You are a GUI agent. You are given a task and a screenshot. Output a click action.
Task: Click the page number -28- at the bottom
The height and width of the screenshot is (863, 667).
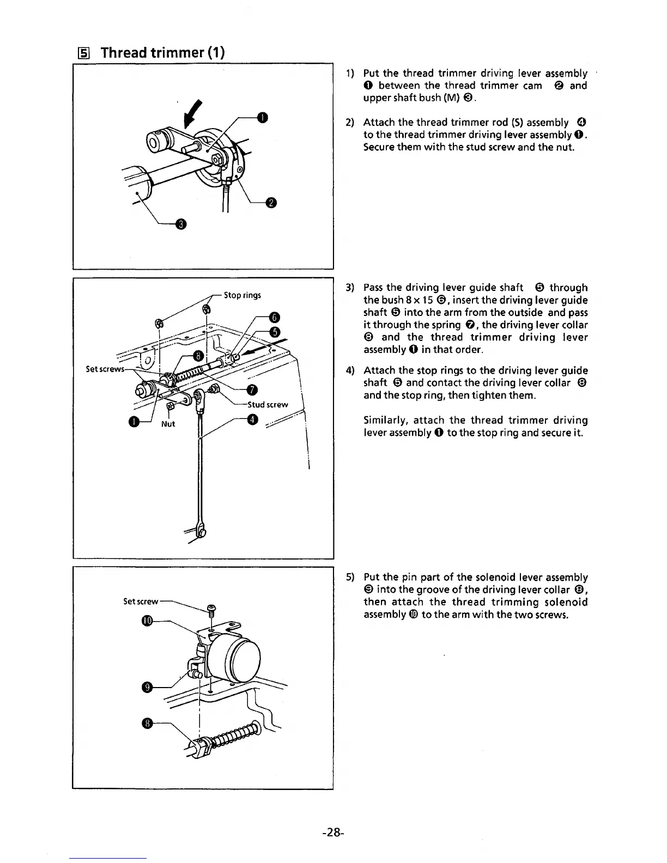[x=332, y=832]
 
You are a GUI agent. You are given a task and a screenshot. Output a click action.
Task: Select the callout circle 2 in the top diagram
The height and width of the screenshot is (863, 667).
[x=271, y=203]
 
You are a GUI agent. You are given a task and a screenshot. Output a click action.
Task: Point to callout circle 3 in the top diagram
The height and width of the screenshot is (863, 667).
[x=181, y=224]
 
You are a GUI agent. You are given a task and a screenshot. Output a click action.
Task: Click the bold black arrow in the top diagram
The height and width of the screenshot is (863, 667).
[x=191, y=112]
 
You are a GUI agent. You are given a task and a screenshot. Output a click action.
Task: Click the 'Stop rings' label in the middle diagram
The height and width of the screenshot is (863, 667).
[x=242, y=295]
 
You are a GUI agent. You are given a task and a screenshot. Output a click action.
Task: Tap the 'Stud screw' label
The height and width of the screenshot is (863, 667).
[x=268, y=405]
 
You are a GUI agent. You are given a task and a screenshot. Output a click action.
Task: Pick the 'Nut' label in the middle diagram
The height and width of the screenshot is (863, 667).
[x=168, y=424]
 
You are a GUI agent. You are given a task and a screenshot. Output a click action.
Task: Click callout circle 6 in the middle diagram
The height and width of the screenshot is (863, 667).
[x=275, y=318]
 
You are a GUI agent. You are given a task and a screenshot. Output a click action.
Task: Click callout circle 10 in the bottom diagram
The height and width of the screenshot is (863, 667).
[x=147, y=621]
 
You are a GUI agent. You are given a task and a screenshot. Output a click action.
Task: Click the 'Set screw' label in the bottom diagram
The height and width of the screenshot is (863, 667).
[x=141, y=601]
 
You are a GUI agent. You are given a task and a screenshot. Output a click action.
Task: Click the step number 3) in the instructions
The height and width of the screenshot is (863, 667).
[x=350, y=288]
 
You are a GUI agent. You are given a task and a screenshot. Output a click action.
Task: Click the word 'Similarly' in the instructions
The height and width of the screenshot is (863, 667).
[x=385, y=420]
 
